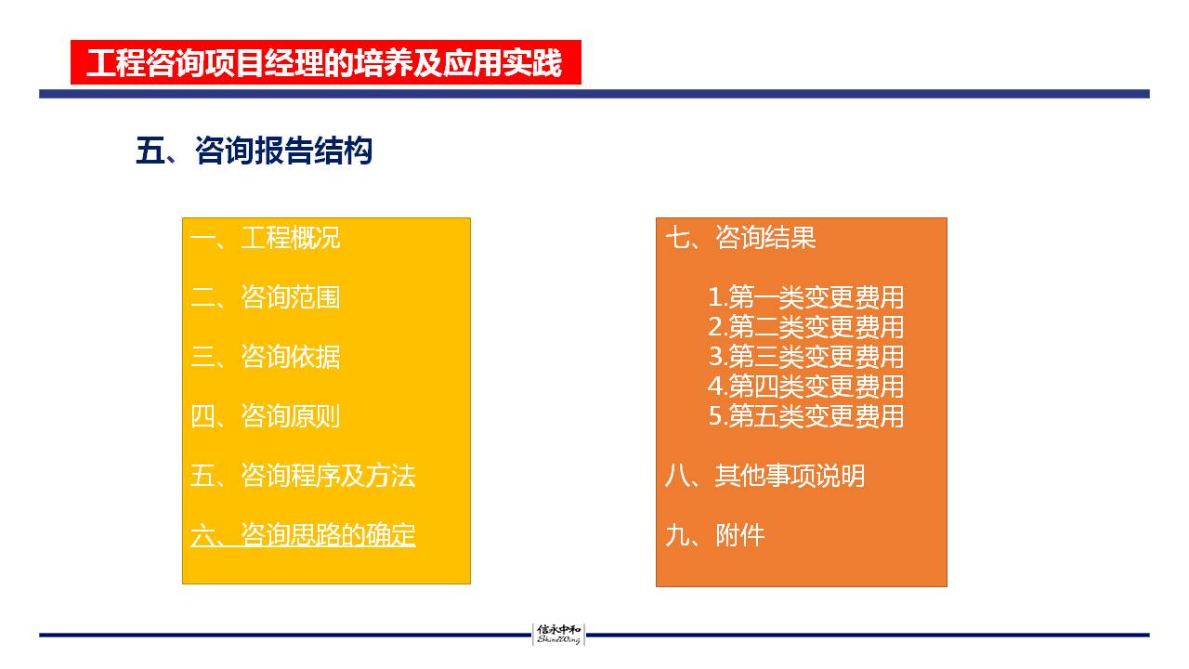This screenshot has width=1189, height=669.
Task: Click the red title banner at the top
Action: coord(326,62)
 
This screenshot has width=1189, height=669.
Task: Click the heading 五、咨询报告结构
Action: coord(255,151)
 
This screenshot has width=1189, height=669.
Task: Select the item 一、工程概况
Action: coord(266,237)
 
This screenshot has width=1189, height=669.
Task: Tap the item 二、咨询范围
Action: coord(266,296)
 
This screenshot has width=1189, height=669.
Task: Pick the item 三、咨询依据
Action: coord(266,356)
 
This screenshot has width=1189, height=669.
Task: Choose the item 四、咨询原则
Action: coord(266,415)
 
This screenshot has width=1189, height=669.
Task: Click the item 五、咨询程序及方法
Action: coord(303,475)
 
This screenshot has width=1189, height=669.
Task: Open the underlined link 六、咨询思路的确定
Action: coord(303,534)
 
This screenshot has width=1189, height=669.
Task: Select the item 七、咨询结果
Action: coord(740,237)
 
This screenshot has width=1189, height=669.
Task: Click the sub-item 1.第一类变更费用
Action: coord(806,296)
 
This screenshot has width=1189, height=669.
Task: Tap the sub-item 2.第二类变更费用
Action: coord(806,326)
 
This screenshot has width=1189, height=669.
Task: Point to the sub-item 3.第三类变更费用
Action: coord(806,356)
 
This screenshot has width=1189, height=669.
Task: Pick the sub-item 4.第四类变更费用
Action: coord(806,386)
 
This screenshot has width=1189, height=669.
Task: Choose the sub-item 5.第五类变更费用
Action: coord(806,415)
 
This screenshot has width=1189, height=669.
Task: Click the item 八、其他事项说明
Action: coord(764,475)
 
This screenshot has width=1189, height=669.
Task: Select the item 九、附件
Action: coord(715,534)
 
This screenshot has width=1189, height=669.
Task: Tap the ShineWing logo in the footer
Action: coord(558,635)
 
